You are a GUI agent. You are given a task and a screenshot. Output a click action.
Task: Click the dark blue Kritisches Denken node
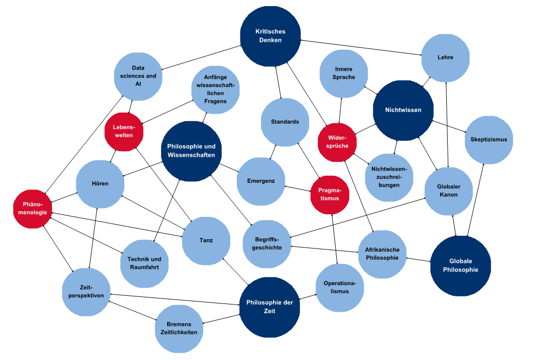click(271, 36)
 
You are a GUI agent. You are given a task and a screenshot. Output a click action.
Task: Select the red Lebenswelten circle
click(123, 131)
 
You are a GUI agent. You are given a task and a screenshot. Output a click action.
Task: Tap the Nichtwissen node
click(403, 110)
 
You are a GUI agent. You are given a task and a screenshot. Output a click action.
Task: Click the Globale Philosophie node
click(461, 266)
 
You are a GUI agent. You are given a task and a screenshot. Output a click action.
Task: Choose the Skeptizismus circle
click(489, 140)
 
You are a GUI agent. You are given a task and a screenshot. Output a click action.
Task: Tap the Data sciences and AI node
click(138, 76)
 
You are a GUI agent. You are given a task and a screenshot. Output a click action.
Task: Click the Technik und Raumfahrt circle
click(145, 263)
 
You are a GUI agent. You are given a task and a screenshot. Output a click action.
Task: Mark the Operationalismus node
click(340, 288)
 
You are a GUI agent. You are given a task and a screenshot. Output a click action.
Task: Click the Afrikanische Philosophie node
click(382, 254)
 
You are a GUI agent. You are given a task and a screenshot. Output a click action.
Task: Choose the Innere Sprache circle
click(344, 73)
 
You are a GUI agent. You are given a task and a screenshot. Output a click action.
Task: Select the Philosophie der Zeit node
click(269, 307)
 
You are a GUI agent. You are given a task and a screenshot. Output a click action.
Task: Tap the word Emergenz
click(261, 181)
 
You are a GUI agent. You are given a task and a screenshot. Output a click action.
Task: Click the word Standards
click(285, 122)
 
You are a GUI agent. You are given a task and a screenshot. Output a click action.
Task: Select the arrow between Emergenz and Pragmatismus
click(298, 188)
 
